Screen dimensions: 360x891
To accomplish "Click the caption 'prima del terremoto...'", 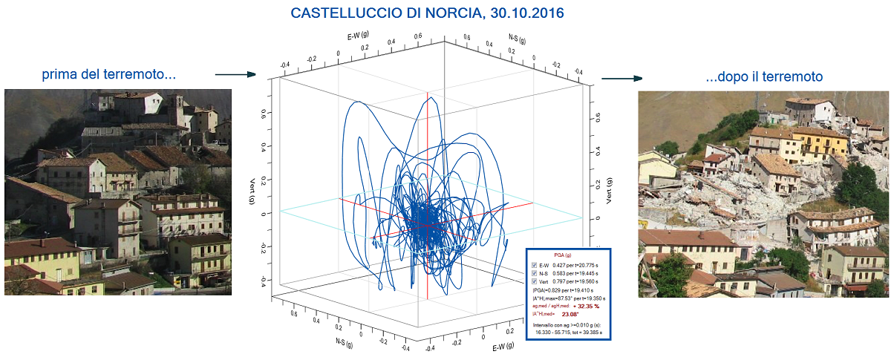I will coord(108,75).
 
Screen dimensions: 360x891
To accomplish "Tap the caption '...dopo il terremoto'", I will coord(764,77).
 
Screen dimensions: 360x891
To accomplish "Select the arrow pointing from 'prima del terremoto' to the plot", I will coord(235,75).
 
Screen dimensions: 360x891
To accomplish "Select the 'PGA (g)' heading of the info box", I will coord(567,255).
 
